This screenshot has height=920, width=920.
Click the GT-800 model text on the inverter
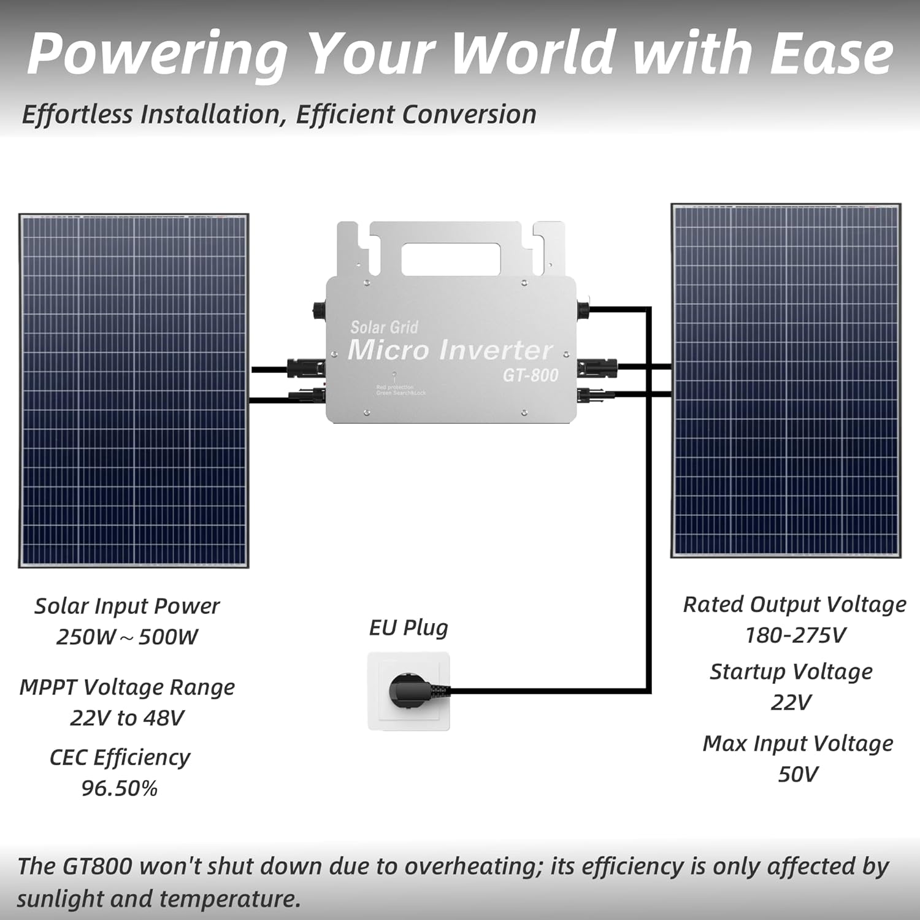coord(531,375)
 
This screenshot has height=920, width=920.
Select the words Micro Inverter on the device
coord(450,350)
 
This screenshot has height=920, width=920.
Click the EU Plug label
coord(408,627)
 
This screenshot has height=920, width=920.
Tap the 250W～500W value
coord(127,637)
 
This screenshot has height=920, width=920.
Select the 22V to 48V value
coord(127,718)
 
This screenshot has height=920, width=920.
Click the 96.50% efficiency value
coord(120,788)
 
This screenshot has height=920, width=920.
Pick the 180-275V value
coord(795,635)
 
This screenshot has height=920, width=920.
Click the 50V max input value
coord(797,774)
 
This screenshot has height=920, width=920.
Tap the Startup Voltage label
coord(791,672)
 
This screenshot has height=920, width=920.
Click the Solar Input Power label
coord(127,606)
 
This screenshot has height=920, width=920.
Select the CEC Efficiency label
coord(120,757)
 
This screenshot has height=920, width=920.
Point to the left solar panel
coord(133,391)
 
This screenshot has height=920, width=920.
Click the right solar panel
coord(786,380)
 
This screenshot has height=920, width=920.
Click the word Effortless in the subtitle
coord(77,115)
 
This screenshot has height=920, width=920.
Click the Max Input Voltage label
coord(797,743)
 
